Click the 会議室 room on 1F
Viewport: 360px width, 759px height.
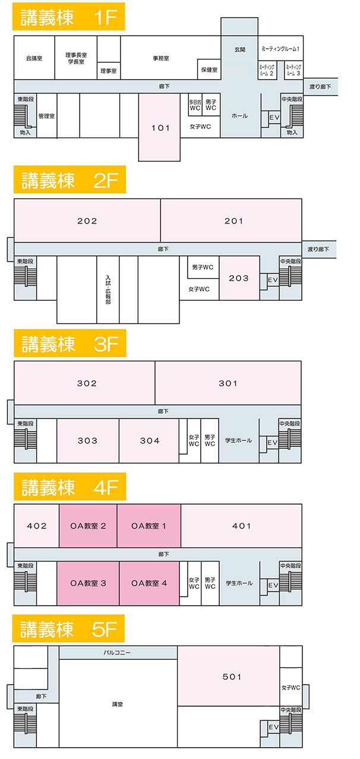click(34, 58)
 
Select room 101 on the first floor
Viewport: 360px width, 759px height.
click(160, 128)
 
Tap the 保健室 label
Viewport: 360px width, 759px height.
click(209, 70)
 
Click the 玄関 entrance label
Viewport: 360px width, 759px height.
click(239, 50)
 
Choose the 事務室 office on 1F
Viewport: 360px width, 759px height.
click(161, 58)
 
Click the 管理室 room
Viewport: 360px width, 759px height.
click(46, 116)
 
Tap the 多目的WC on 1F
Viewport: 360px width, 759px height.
click(195, 105)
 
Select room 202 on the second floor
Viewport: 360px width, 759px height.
click(87, 221)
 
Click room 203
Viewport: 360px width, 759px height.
click(239, 278)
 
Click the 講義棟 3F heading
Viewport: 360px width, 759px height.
click(70, 345)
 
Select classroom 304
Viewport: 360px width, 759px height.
click(150, 441)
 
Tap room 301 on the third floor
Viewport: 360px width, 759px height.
click(228, 383)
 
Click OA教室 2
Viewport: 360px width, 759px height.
click(88, 526)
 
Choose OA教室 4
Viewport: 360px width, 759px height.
click(149, 583)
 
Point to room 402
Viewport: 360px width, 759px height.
click(36, 526)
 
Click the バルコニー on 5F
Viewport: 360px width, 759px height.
click(117, 653)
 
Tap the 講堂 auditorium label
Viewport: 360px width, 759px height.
click(118, 704)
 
